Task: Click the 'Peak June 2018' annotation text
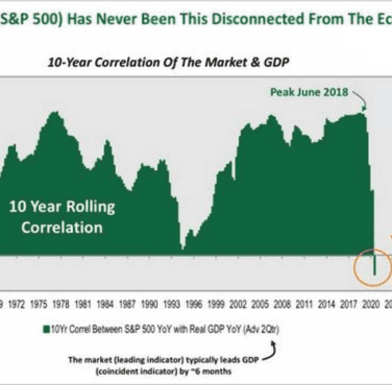click(x=310, y=92)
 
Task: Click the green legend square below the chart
click(x=45, y=329)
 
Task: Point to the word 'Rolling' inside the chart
click(x=88, y=207)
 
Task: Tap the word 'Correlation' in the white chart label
click(x=62, y=227)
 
